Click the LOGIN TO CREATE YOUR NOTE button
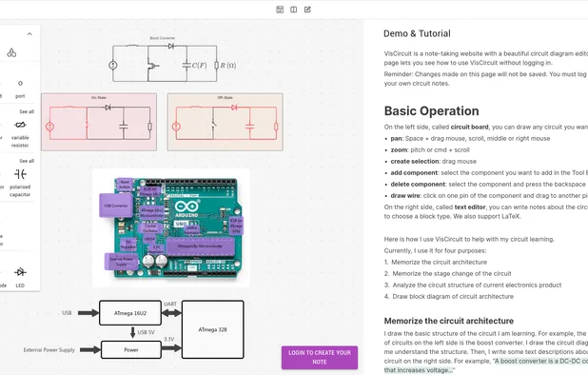[x=319, y=358]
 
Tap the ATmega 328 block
[x=212, y=329]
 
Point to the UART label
[x=168, y=305]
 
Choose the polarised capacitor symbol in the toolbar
[x=20, y=173]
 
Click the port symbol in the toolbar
[x=20, y=84]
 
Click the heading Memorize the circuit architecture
[x=448, y=321]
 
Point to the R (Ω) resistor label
[x=226, y=65]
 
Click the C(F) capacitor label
[x=200, y=65]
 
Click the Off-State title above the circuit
[x=199, y=97]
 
